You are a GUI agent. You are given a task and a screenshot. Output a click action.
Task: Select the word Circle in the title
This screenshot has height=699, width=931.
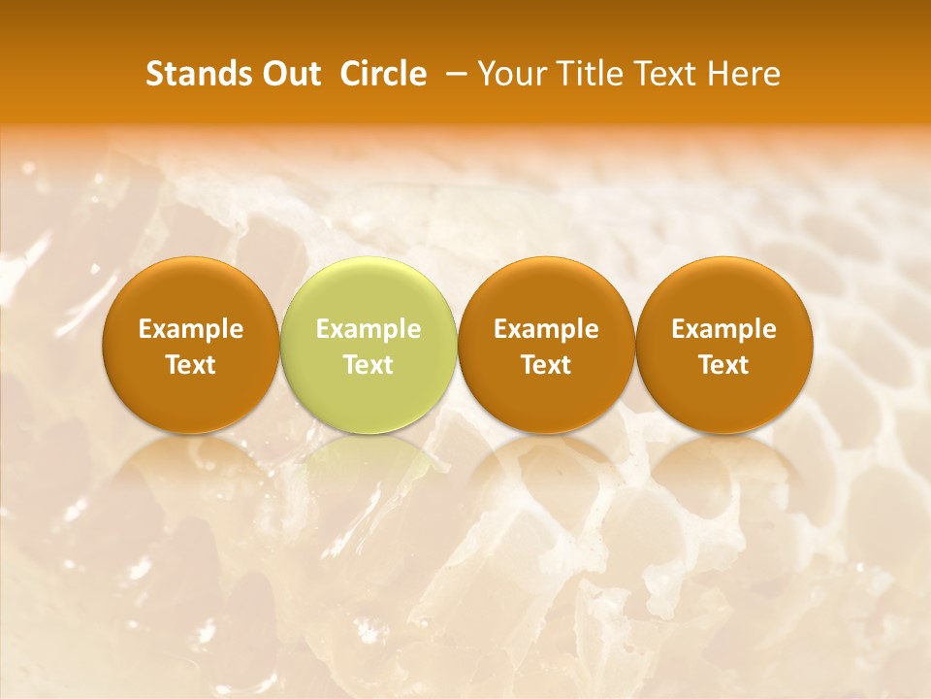click(x=383, y=74)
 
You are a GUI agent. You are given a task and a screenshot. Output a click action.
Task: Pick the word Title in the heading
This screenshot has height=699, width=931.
click(x=591, y=74)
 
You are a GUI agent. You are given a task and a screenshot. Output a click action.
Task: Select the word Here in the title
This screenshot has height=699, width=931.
click(x=743, y=74)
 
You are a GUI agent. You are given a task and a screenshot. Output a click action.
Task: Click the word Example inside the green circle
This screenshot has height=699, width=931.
click(x=369, y=329)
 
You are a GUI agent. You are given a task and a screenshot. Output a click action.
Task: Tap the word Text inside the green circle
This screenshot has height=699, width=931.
click(x=369, y=365)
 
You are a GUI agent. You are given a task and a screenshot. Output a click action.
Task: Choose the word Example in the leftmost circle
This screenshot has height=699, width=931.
click(x=191, y=329)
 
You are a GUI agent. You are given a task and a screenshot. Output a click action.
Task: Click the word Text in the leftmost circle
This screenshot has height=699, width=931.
click(x=191, y=365)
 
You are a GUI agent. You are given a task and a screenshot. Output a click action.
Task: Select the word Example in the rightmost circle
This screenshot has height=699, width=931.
click(x=723, y=329)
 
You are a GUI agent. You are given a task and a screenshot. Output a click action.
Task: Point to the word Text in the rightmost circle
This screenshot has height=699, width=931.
click(x=723, y=365)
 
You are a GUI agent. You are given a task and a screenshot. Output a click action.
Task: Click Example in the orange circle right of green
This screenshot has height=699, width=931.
click(x=546, y=329)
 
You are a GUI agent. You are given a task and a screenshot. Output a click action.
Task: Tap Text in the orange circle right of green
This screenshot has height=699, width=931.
click(x=546, y=365)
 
